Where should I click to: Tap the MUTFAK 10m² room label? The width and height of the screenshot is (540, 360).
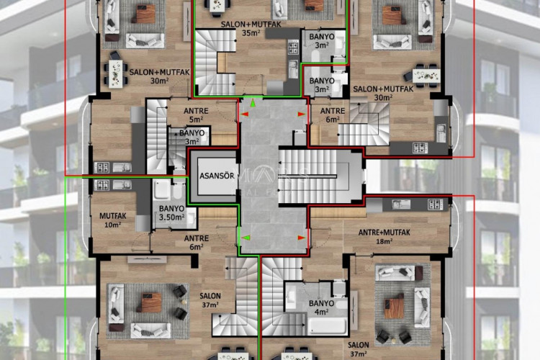coord(113,220)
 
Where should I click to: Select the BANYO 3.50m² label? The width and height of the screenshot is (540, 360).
coord(171,212)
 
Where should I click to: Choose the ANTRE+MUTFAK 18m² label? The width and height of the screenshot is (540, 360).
coord(384,237)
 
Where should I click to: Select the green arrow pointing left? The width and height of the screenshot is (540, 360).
coord(245,237)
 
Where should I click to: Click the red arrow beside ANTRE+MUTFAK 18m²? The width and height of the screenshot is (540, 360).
coord(301,237)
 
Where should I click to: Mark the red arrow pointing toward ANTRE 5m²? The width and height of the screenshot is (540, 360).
coord(245,114)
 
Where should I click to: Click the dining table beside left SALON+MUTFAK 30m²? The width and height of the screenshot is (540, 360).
coord(115,71)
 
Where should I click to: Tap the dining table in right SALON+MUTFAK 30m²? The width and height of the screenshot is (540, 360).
coord(426,73)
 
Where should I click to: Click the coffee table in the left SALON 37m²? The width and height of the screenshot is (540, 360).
coord(149,303)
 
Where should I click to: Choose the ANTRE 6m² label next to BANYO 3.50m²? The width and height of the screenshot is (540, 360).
coord(196,243)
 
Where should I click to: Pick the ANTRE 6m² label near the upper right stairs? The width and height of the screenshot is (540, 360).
coord(332,115)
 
